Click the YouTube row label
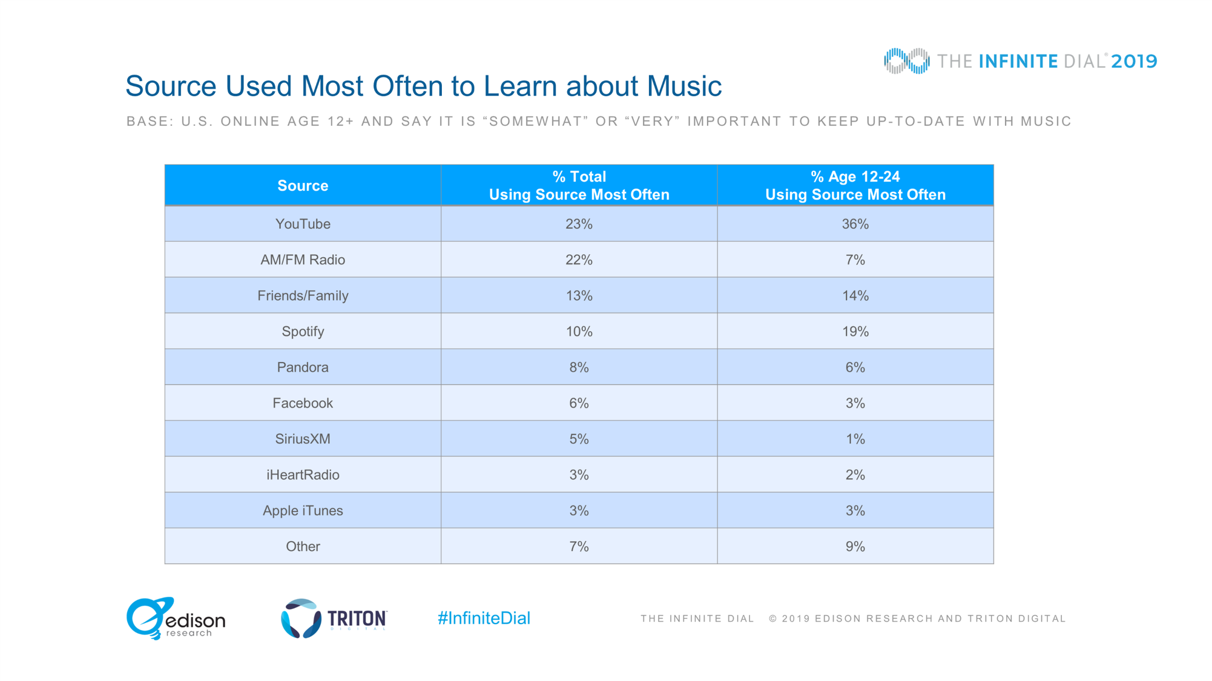coord(303,224)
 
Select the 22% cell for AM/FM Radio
coord(579,260)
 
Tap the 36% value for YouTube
coord(855,224)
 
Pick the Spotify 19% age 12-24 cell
coord(855,331)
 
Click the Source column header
coord(303,186)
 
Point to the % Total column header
coord(579,185)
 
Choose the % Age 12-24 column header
coord(855,185)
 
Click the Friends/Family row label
coord(303,295)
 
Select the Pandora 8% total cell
coord(579,367)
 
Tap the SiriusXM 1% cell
coord(855,439)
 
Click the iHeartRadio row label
coord(303,475)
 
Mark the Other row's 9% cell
coord(855,547)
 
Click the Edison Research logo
coord(176,618)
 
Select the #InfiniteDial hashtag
coord(484,618)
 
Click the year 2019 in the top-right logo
coord(1134,61)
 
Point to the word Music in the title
coord(684,86)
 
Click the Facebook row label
coord(303,403)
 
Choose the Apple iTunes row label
coord(303,510)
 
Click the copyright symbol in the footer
coord(773,619)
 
